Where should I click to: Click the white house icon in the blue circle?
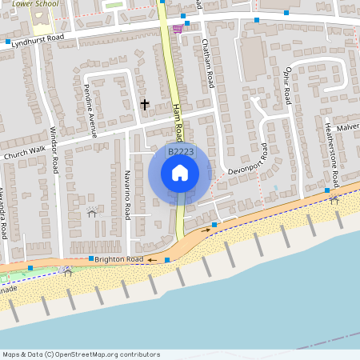(x=180, y=173)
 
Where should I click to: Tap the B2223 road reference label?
(x=180, y=151)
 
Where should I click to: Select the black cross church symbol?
(x=145, y=104)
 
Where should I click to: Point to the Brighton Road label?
(x=118, y=259)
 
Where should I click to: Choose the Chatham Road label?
(x=209, y=63)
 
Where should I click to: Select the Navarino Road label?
(x=126, y=195)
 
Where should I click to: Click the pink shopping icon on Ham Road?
(x=177, y=30)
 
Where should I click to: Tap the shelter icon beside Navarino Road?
(x=91, y=212)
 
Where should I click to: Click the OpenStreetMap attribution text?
(x=81, y=354)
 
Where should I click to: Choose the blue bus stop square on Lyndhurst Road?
(x=8, y=42)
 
